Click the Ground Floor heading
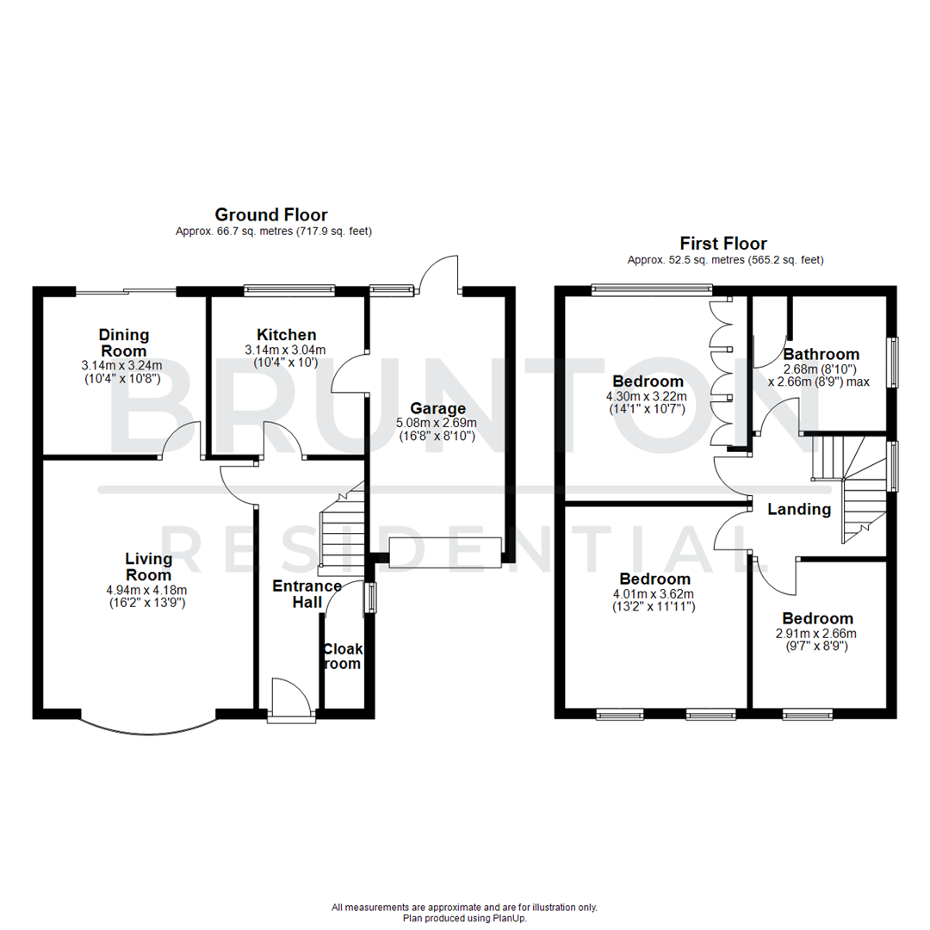coord(271,214)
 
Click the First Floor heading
coord(723,244)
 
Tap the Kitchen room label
coord(287,334)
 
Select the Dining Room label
coord(124,342)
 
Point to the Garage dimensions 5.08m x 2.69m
coord(437,424)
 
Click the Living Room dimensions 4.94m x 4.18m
coord(146,590)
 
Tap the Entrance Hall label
coord(307,594)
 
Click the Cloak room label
coord(342,656)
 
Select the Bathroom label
coord(821,354)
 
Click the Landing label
coord(799,509)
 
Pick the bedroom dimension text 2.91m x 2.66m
coord(817,634)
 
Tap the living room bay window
coord(147,728)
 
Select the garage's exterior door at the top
coord(439,276)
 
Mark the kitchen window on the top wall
coord(288,290)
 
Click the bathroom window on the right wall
coord(893,362)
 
